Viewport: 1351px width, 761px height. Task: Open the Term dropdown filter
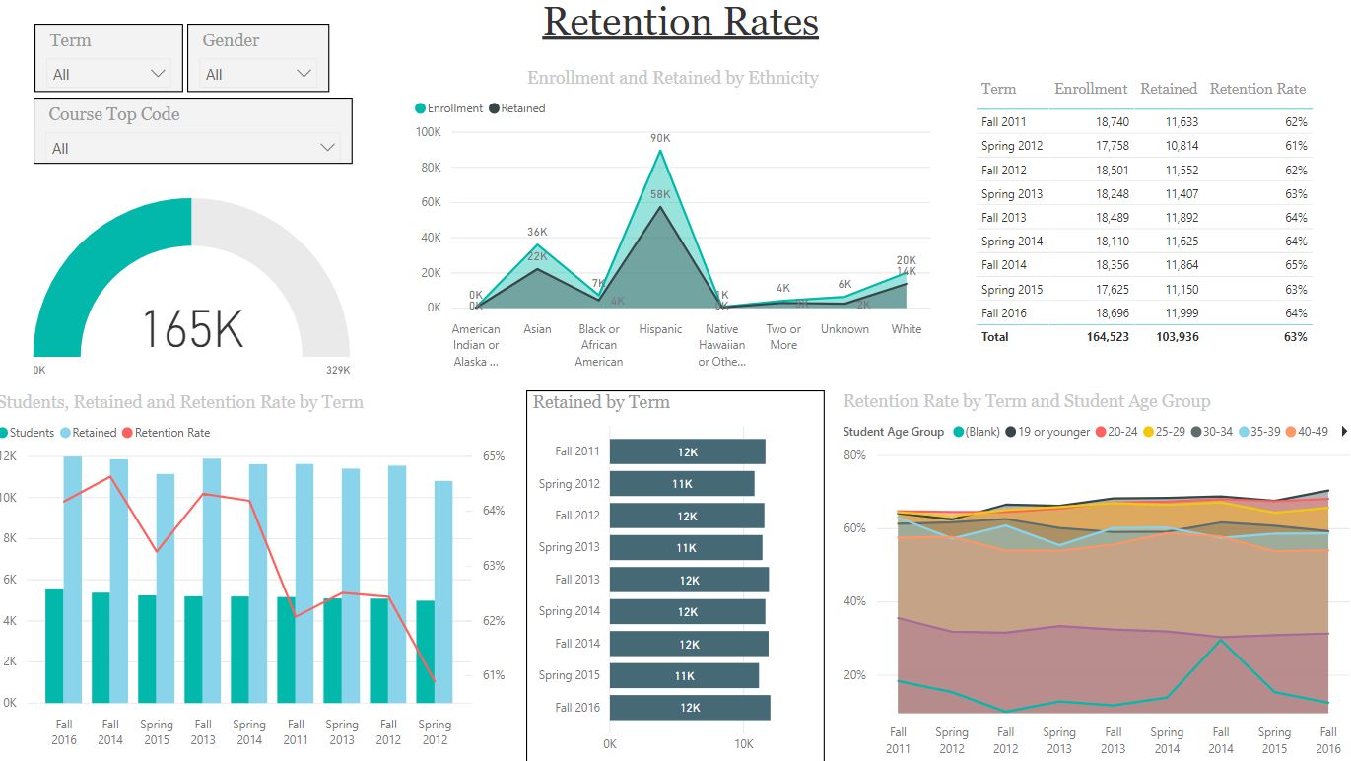click(108, 74)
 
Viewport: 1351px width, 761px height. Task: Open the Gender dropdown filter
click(257, 74)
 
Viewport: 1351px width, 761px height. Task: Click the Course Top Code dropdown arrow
click(328, 148)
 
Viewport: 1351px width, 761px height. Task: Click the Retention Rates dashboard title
click(680, 22)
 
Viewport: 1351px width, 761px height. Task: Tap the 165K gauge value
click(192, 328)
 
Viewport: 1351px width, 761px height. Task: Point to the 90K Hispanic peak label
click(660, 138)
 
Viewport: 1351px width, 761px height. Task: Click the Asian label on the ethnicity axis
click(537, 329)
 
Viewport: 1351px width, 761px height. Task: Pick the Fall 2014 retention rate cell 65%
click(1296, 265)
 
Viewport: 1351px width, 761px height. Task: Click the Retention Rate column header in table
click(1257, 89)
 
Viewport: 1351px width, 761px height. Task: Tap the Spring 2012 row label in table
click(1012, 146)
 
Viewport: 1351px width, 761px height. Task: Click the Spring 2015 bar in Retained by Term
click(684, 675)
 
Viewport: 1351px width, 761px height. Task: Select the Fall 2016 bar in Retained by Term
click(690, 708)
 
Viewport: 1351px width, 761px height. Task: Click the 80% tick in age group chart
click(854, 455)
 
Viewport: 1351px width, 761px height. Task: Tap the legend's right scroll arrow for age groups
click(1343, 432)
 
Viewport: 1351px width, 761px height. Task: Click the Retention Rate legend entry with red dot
click(167, 433)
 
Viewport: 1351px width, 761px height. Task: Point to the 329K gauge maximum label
click(338, 371)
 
